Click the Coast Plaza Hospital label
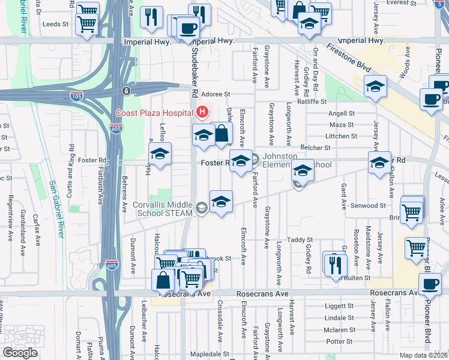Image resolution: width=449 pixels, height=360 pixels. (154, 112)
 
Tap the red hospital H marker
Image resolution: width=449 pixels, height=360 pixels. (202, 112)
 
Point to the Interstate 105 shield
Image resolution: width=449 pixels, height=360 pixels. (76, 95)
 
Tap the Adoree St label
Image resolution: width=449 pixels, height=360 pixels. (215, 94)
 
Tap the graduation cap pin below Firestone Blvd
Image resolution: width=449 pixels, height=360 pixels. (375, 86)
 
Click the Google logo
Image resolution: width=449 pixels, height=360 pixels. (20, 353)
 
